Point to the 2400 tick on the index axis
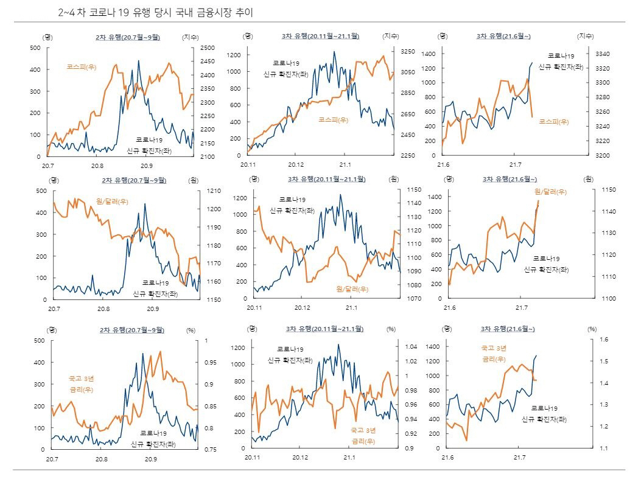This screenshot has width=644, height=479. (207, 75)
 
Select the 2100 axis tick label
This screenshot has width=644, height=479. (207, 156)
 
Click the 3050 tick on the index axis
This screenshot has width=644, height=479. (408, 72)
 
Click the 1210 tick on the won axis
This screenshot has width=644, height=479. (214, 191)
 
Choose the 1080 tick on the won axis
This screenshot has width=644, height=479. (397, 285)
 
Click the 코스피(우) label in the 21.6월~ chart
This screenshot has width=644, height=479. (554, 122)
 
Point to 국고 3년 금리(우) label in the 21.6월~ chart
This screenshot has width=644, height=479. (494, 354)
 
